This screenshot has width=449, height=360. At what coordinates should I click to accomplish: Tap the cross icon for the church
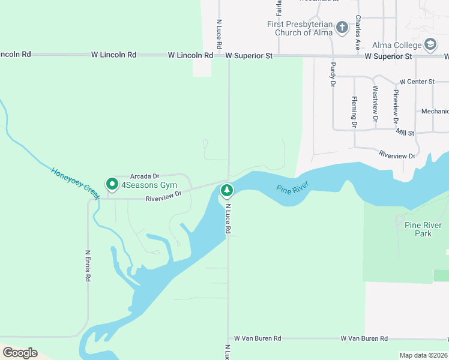(x=342, y=28)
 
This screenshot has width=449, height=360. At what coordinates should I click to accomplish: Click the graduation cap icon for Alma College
(x=430, y=44)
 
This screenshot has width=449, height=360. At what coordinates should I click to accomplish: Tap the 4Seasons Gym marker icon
(x=112, y=184)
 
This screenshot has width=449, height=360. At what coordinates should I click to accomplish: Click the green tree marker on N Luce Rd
(x=226, y=191)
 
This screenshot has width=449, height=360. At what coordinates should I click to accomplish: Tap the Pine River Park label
(x=423, y=229)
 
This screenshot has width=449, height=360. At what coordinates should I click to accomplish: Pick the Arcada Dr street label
(x=145, y=176)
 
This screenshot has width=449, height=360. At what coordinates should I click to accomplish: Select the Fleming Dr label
(x=354, y=112)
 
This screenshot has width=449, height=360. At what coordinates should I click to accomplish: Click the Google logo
(x=20, y=352)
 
